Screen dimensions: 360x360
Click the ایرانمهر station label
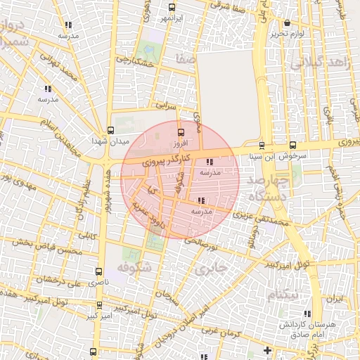[172, 16]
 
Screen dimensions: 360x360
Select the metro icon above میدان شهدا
[110, 129]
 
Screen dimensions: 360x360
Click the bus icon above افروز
[181, 131]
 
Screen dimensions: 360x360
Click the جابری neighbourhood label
[212, 268]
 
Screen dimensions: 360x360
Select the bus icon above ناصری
[98, 271]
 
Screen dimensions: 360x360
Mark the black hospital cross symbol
[266, 349]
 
